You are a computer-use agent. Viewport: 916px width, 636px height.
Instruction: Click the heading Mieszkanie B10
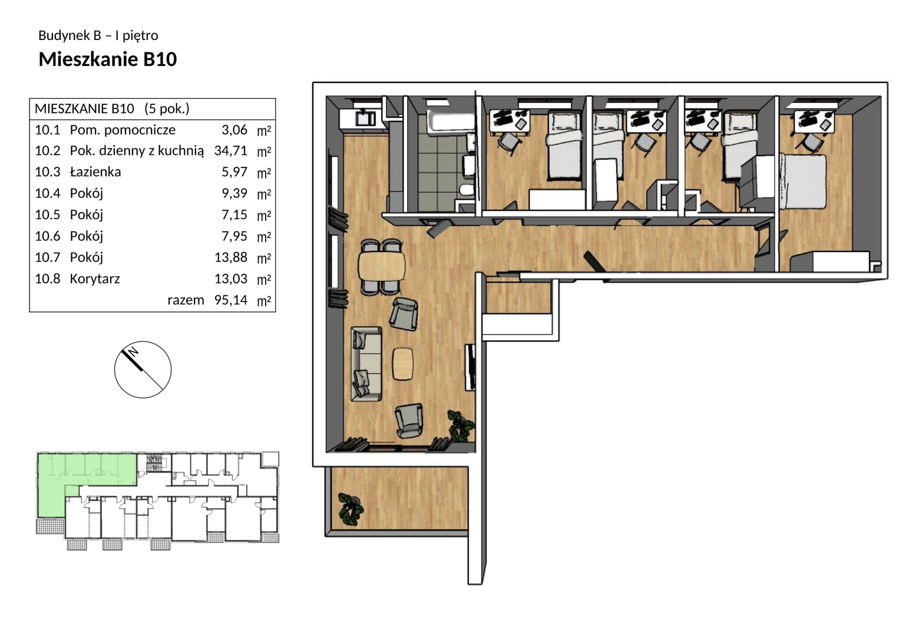point(108,59)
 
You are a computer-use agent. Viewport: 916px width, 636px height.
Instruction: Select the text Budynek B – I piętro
point(98,35)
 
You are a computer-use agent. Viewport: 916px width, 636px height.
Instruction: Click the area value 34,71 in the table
point(231,151)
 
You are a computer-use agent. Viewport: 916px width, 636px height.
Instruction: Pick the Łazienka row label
point(95,172)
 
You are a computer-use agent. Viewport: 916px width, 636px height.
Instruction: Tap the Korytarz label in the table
point(95,279)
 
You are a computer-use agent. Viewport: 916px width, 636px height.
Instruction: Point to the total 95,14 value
point(231,300)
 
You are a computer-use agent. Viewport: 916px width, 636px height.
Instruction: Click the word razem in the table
point(186,300)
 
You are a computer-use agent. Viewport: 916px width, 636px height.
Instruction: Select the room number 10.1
point(48,130)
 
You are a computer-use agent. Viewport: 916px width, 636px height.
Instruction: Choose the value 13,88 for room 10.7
point(231,257)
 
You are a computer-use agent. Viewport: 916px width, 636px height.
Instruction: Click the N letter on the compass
point(133,352)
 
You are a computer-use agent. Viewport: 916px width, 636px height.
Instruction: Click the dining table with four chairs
point(382,267)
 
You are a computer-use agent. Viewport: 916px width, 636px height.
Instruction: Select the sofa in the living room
point(366,363)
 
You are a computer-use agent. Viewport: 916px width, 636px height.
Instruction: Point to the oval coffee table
point(403,364)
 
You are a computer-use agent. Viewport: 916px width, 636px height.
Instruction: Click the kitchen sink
point(365,119)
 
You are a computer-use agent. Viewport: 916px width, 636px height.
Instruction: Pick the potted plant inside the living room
point(461,426)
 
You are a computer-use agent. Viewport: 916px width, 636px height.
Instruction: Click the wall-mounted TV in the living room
point(470,367)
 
